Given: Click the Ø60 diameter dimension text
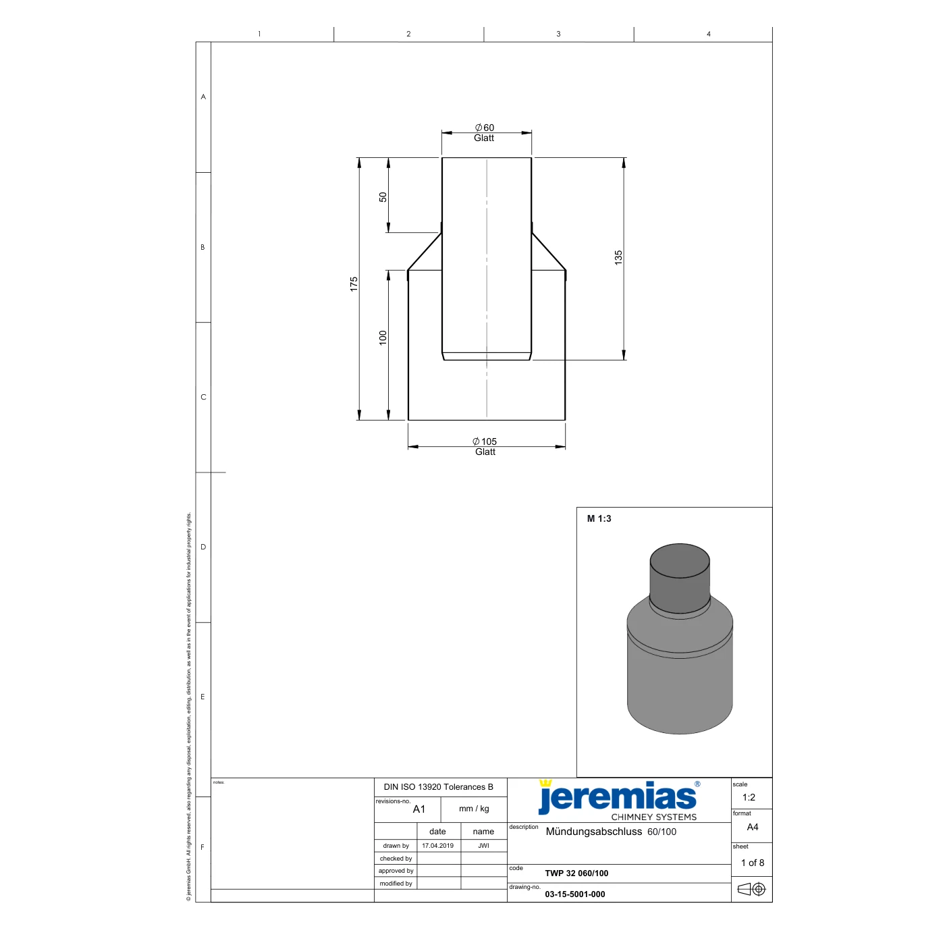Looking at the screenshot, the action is click(484, 128).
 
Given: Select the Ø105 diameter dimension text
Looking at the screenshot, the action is click(485, 441).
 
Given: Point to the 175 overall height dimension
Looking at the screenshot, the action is click(354, 284).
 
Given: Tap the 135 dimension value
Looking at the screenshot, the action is click(618, 257).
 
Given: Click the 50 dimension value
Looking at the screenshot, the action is click(383, 196).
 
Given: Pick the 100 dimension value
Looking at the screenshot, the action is click(383, 337).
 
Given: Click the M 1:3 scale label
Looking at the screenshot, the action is click(599, 518).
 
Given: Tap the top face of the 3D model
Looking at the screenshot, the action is click(679, 560).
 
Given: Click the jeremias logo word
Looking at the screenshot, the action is click(617, 797).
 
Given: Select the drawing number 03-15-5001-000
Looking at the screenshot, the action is click(574, 894).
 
